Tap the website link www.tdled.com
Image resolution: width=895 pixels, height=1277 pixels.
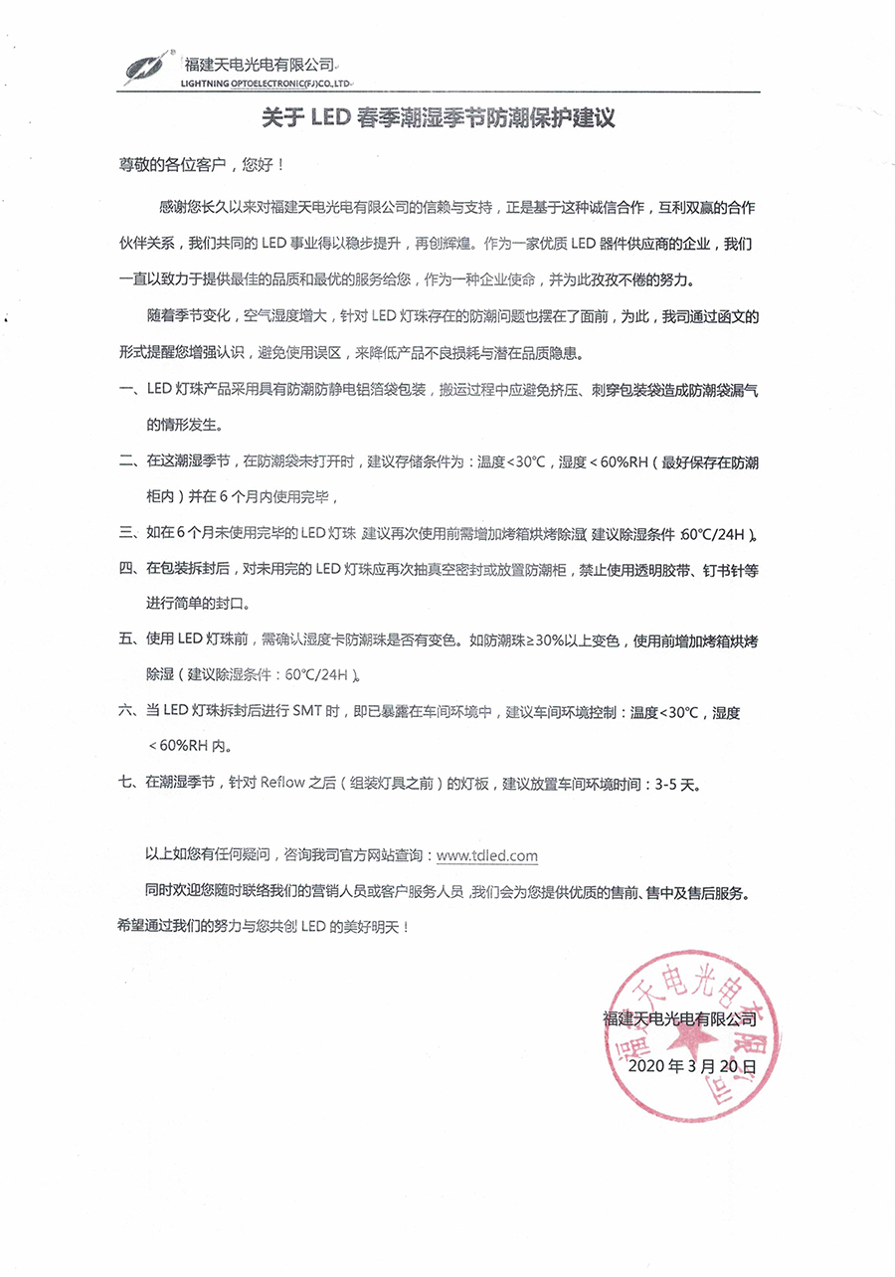(487, 854)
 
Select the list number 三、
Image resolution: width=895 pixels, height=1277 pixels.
(130, 533)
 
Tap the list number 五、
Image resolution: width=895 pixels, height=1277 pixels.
(130, 640)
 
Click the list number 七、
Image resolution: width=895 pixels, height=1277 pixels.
(130, 783)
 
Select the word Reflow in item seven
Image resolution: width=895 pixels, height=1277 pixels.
(284, 783)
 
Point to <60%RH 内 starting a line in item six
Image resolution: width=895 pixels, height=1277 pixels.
(193, 747)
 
